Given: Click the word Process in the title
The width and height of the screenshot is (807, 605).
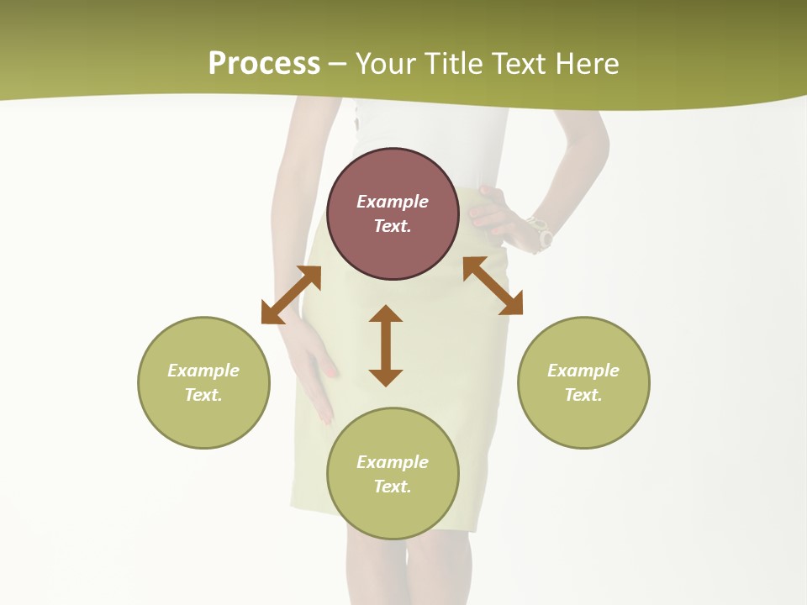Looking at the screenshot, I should (264, 64).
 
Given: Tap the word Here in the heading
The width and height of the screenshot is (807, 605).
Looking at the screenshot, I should (586, 64).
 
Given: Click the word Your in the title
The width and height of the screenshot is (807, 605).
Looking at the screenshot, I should (388, 64).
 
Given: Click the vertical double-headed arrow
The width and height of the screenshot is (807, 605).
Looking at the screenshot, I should (386, 345).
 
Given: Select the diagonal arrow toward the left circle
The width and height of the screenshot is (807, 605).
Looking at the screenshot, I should (291, 295).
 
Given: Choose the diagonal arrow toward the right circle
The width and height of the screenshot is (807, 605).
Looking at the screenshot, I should (493, 286).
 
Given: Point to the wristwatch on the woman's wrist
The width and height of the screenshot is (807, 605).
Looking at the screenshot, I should (538, 232).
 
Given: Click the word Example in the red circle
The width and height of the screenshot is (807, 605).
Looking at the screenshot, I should (393, 202).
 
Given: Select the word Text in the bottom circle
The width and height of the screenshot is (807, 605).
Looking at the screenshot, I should (393, 487).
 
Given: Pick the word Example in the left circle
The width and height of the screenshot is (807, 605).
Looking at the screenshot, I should (203, 371).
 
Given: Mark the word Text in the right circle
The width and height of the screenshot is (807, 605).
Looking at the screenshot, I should (583, 395).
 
